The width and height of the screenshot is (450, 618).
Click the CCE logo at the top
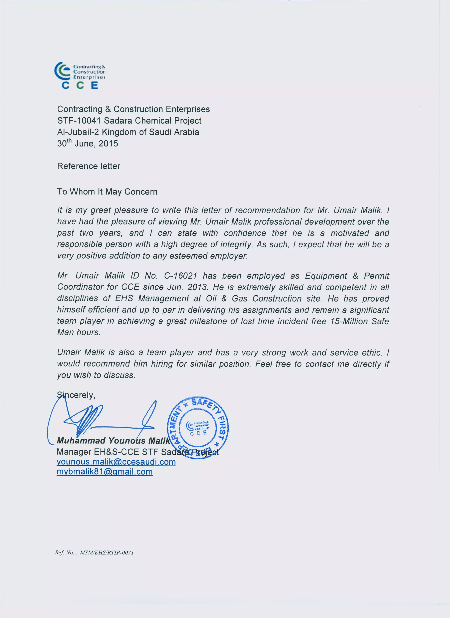tap(80, 75)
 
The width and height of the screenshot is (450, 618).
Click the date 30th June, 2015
tap(87, 143)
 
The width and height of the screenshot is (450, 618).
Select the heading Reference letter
tap(89, 166)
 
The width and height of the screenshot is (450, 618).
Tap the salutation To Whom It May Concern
tap(107, 192)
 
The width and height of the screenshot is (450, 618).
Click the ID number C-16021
tap(180, 275)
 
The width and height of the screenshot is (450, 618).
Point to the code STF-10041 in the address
tap(79, 120)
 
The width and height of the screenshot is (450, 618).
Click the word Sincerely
tap(76, 395)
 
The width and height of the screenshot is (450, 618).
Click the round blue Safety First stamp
tap(198, 427)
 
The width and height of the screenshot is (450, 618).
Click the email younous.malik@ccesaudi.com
tap(116, 462)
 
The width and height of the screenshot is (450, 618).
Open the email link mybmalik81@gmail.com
tap(105, 472)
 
